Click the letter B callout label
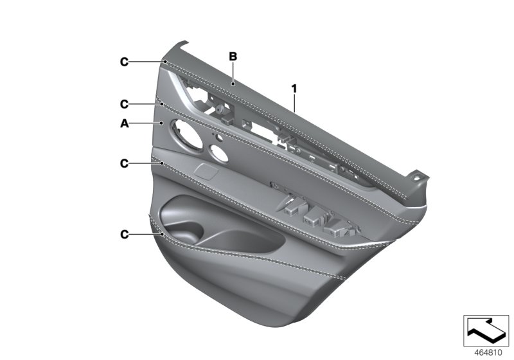233,57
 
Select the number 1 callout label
294,87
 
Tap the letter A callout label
124,123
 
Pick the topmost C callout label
124,62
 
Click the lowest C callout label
124,235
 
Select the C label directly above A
124,103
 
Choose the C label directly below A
124,164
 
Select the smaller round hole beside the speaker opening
217,154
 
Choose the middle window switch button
314,217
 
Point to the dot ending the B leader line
233,82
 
